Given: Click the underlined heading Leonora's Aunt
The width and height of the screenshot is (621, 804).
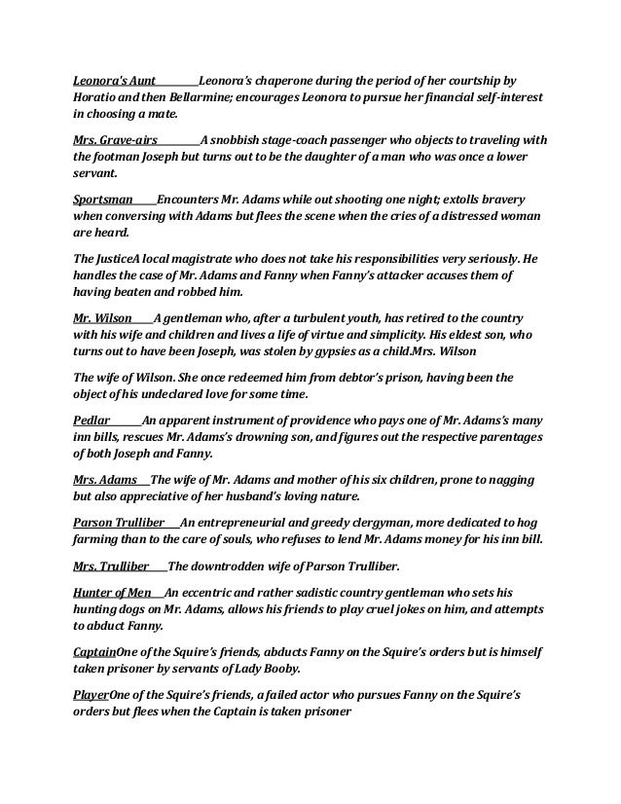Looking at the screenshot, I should point(115,80).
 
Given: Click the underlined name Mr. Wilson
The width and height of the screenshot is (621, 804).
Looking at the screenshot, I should point(102,317).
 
